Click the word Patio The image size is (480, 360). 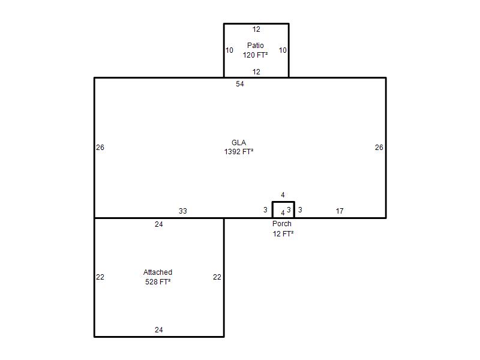click(256, 46)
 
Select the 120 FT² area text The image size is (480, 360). click(256, 55)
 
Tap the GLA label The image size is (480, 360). click(239, 143)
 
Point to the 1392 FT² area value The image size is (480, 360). click(239, 152)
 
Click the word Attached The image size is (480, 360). click(158, 272)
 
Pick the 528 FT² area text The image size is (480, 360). click(158, 281)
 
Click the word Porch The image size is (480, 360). click(281, 224)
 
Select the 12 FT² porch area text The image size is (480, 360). click(283, 234)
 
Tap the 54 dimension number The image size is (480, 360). click(239, 84)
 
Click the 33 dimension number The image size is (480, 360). click(183, 211)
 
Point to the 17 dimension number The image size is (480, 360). click(340, 211)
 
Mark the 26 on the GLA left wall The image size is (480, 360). click(100, 148)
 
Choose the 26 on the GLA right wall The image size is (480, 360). click(379, 148)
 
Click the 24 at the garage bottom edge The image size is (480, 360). click(158, 329)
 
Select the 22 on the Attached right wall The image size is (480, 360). click(217, 277)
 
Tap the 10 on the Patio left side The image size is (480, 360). click(229, 50)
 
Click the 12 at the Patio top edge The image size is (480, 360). click(256, 29)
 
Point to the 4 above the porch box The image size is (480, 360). click(283, 195)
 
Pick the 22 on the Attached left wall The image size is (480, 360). click(100, 277)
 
